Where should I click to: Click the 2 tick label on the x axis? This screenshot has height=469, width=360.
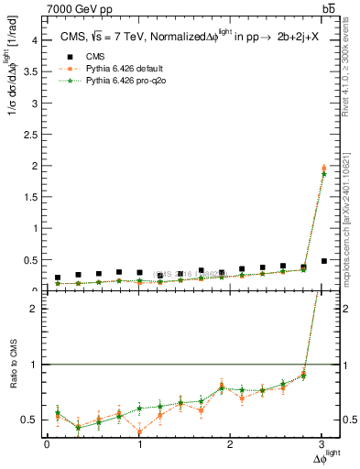(x=230, y=444)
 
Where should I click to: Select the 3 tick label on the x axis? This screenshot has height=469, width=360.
(x=322, y=444)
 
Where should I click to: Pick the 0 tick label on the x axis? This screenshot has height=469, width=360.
(x=47, y=444)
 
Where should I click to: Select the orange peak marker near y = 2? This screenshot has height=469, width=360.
(x=323, y=168)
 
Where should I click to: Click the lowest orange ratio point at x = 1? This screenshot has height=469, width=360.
(x=139, y=431)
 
